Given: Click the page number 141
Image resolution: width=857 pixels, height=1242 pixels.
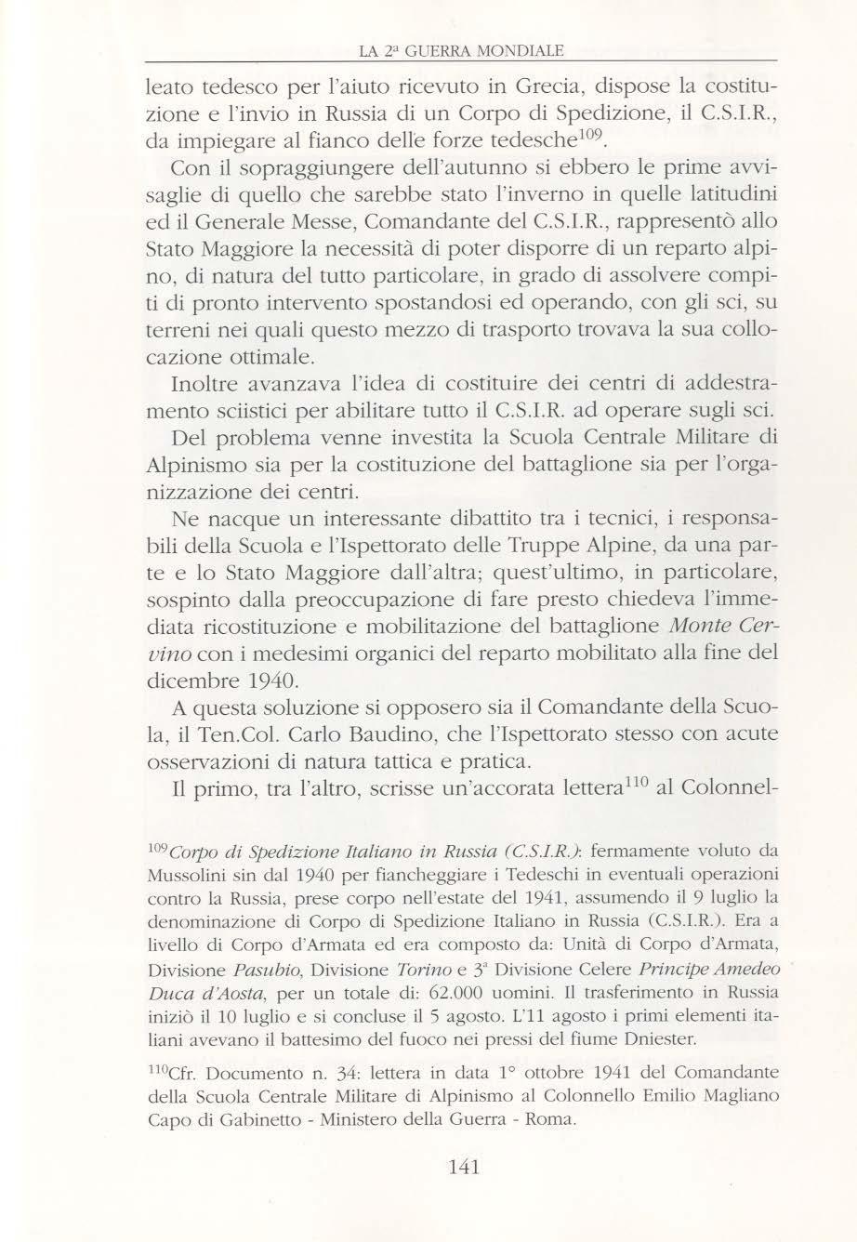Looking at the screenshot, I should (x=462, y=1167).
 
